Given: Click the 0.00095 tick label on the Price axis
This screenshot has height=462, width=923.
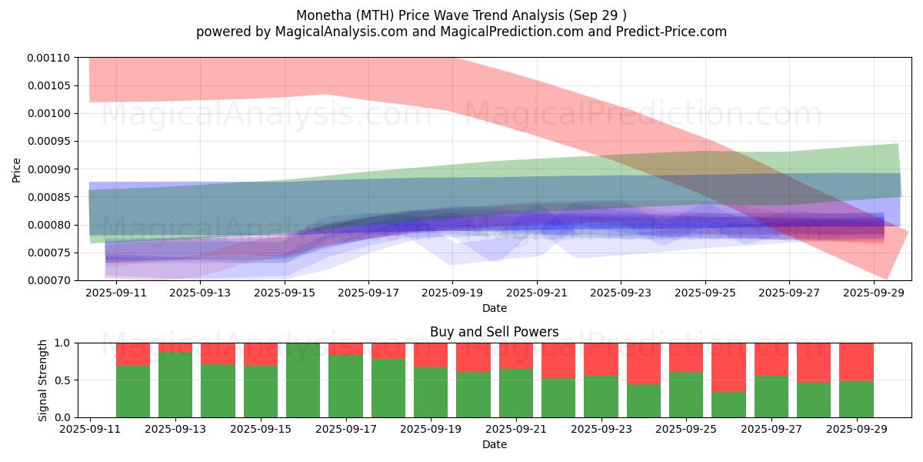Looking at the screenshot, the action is [x=49, y=142].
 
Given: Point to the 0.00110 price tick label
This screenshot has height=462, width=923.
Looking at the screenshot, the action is [x=49, y=58].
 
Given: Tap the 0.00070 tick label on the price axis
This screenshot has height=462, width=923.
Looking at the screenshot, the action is [x=49, y=280].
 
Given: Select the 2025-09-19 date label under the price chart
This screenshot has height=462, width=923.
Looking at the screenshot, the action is [x=452, y=293].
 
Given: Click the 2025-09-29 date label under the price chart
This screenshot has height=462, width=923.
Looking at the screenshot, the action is [x=874, y=293].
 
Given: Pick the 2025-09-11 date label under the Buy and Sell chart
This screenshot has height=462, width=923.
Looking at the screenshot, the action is [x=90, y=429].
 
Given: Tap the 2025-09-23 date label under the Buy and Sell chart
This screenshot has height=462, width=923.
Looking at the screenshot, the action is [x=601, y=429].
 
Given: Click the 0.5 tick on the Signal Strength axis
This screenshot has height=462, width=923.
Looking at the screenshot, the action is [x=63, y=380].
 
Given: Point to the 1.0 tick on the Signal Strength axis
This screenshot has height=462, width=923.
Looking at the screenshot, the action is [x=63, y=343].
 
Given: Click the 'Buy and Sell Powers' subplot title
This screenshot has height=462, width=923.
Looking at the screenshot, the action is [x=494, y=332].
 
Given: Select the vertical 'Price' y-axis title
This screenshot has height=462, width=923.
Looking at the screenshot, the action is [x=16, y=170].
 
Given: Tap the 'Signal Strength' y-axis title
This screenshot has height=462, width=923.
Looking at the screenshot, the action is [x=43, y=380].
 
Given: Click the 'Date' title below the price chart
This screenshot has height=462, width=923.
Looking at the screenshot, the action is [x=495, y=308].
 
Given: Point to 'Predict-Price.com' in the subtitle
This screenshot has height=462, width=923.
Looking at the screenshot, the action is [x=671, y=32].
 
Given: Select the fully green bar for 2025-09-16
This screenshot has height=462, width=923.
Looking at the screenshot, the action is [x=303, y=380].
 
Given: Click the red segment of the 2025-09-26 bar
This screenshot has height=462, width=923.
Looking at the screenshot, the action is [x=728, y=367].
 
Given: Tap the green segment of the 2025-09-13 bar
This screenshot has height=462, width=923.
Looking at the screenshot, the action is [x=175, y=384].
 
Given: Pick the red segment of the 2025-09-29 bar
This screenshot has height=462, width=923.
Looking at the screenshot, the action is [x=856, y=362].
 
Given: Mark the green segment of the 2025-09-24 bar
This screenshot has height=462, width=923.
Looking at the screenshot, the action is [x=644, y=400].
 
